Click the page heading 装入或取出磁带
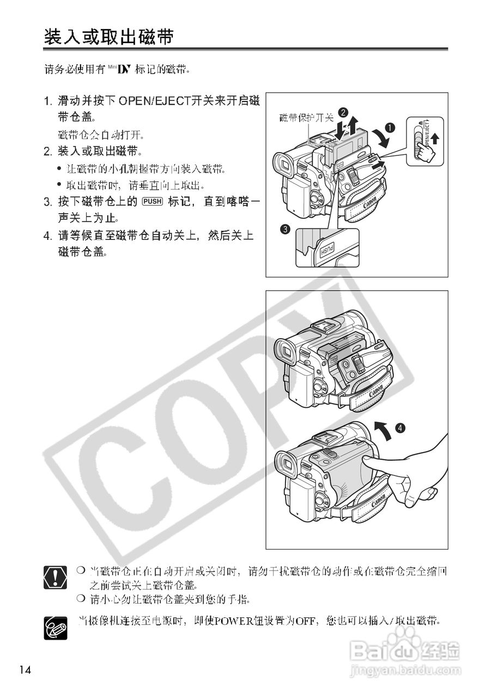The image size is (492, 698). point(109,37)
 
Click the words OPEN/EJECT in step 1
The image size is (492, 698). point(153,100)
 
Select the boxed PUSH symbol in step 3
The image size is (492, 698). point(152,201)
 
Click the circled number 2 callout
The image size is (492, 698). point(343,112)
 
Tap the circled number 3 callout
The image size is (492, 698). point(284,230)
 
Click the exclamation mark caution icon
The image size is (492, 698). point(54,577)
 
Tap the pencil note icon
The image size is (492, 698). point(54,627)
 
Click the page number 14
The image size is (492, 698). point(25,670)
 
